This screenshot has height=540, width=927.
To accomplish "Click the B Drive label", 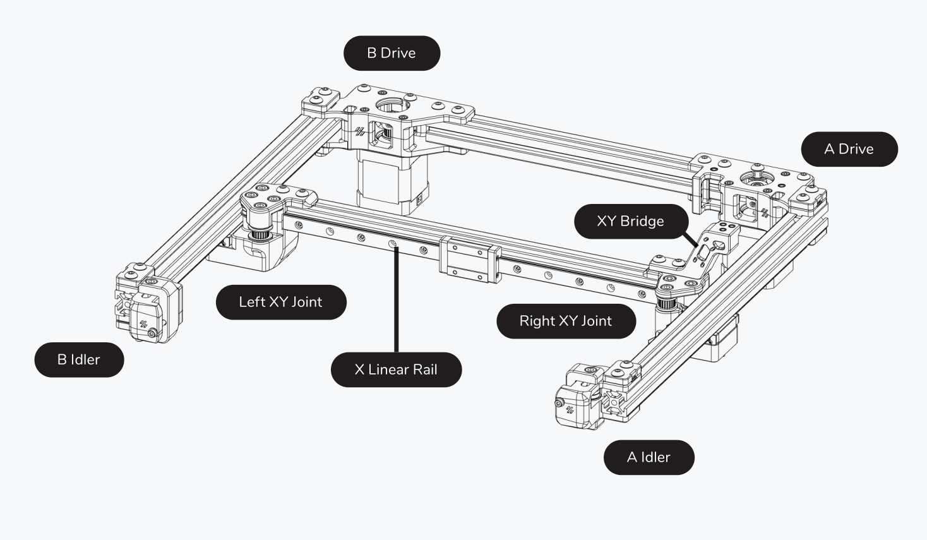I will point(392,53).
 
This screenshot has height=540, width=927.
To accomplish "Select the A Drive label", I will point(849,149).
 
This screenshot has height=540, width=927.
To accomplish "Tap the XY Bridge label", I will point(630,221).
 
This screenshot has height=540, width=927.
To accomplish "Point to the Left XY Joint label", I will point(280,302).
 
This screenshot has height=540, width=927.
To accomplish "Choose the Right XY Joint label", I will point(565,321).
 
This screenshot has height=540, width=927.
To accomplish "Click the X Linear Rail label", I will point(396,369).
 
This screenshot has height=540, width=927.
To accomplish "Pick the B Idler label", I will point(79,359).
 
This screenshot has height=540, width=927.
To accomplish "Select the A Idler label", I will point(649,457).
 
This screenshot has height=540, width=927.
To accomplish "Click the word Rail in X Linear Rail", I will point(424,369).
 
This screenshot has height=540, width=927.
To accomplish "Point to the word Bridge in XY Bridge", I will point(642,221).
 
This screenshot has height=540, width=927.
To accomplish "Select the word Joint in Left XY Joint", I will point(307,302).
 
